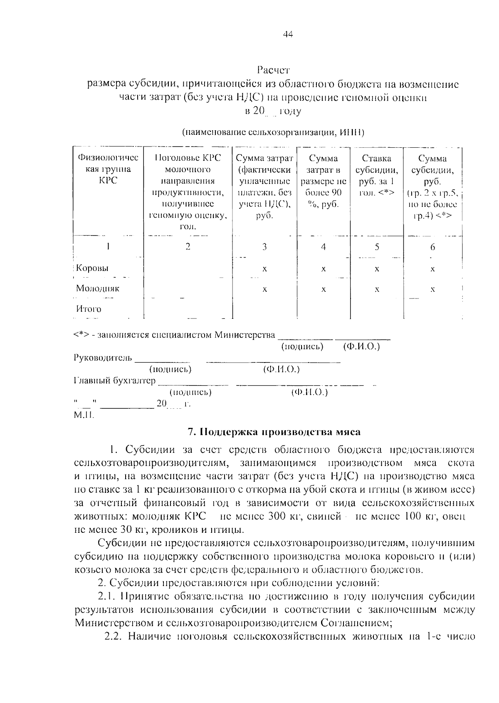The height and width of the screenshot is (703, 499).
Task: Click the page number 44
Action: pos(288,35)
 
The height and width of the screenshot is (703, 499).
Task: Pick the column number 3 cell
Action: pos(264,247)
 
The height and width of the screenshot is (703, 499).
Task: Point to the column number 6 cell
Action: pos(432,247)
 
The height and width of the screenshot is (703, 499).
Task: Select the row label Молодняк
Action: pos(97,288)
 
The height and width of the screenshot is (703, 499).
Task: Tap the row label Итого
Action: pos(88,309)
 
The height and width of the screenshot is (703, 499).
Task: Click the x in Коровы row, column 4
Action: pos(323,269)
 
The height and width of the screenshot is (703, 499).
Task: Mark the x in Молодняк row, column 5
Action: pos(376,289)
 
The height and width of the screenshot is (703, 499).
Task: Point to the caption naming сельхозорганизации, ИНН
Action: pos(273,133)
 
